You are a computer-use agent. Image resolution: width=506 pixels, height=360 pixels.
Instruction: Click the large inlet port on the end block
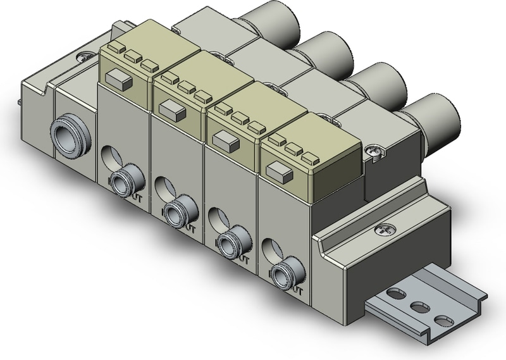pos(67,133)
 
